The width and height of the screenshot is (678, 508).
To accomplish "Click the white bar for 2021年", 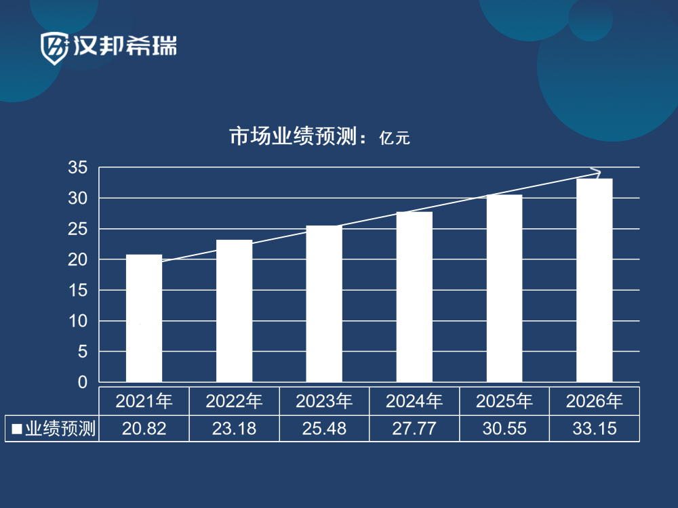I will [x=144, y=318].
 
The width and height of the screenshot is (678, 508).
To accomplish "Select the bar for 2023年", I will [x=324, y=304].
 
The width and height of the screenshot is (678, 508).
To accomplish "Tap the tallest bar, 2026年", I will [x=595, y=280].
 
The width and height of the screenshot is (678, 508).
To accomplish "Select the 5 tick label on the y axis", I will [x=83, y=352].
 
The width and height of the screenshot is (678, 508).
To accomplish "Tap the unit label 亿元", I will [x=395, y=139].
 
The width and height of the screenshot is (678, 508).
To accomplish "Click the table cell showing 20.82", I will [x=144, y=429].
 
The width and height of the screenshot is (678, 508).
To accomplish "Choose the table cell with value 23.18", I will [x=234, y=429].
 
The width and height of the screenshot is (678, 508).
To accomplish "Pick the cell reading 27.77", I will [x=414, y=429].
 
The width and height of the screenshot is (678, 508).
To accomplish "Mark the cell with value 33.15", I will [x=595, y=429].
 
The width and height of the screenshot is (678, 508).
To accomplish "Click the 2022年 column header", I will [x=234, y=402].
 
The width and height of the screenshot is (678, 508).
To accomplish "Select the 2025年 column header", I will [x=504, y=402].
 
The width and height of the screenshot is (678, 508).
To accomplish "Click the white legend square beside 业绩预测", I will [x=17, y=429].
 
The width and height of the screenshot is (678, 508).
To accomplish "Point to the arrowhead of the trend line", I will [x=597, y=171].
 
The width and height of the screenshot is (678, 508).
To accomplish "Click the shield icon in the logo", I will [x=54, y=47].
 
